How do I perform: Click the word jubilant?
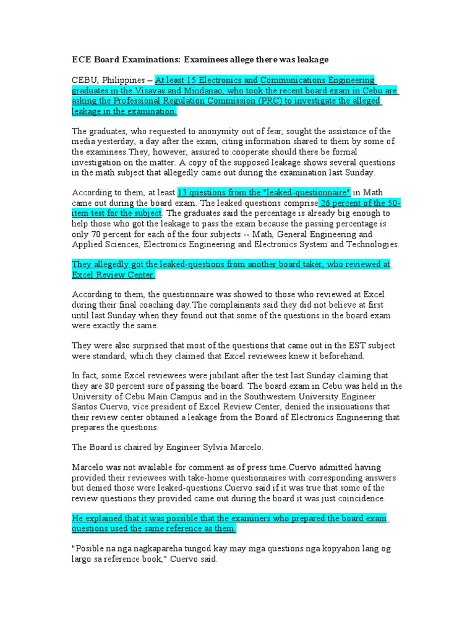200,376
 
